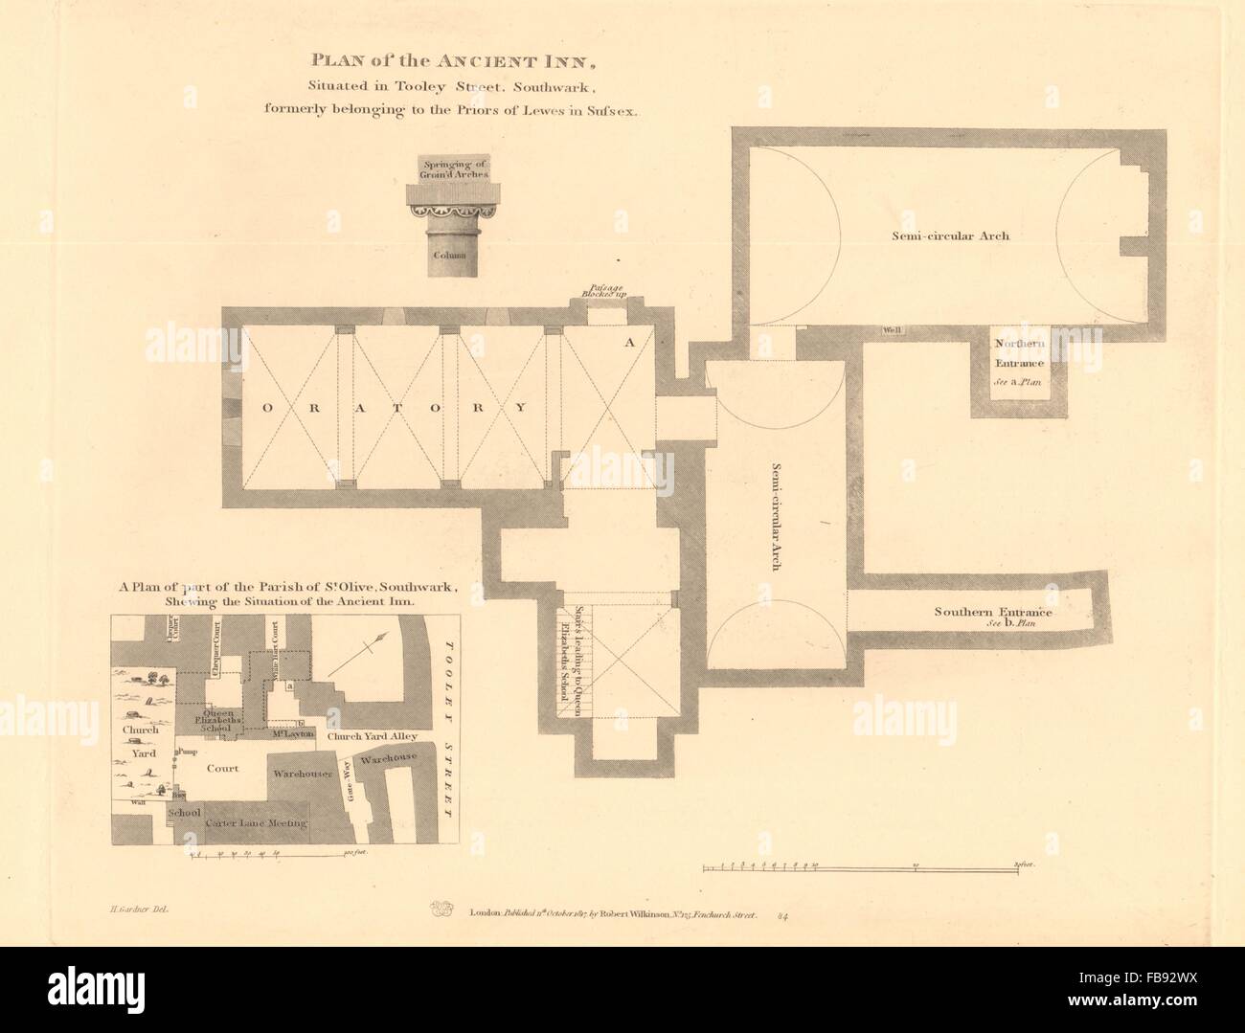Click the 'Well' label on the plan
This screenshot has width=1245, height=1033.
point(893,330)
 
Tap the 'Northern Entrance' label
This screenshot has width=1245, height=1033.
point(1019,353)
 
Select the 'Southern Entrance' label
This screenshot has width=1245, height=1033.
point(993,613)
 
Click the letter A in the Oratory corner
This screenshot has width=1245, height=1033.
point(628,342)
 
